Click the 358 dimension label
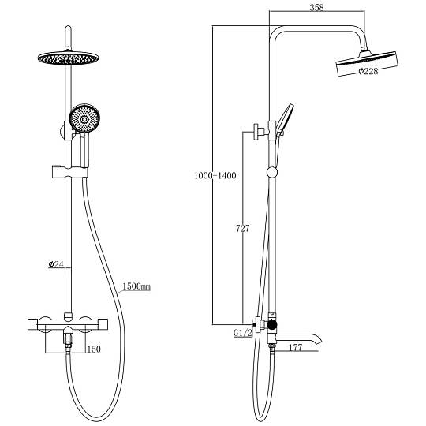pyautogui.click(x=316, y=7)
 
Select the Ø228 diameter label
pyautogui.click(x=368, y=71)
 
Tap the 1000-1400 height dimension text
pyautogui.click(x=215, y=175)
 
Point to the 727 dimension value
pyautogui.click(x=242, y=229)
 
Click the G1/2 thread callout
pyautogui.click(x=243, y=333)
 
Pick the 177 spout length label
pyautogui.click(x=295, y=347)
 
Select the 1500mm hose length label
pyautogui.click(x=136, y=286)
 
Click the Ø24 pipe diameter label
pyautogui.click(x=56, y=264)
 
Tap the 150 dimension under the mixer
pyautogui.click(x=93, y=349)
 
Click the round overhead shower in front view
pyautogui.click(x=68, y=58)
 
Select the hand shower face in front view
pyautogui.click(x=84, y=118)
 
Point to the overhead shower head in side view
pyautogui.click(x=367, y=63)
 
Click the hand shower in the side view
pyautogui.click(x=284, y=120)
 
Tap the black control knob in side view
pyautogui.click(x=272, y=325)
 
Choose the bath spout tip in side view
pyautogui.click(x=319, y=342)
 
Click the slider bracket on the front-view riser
pyautogui.click(x=69, y=172)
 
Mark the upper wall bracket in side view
pyautogui.click(x=260, y=132)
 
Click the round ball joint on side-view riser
pyautogui.click(x=272, y=172)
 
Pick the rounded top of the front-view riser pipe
pyautogui.click(x=68, y=28)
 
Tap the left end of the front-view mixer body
pyautogui.click(x=29, y=323)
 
